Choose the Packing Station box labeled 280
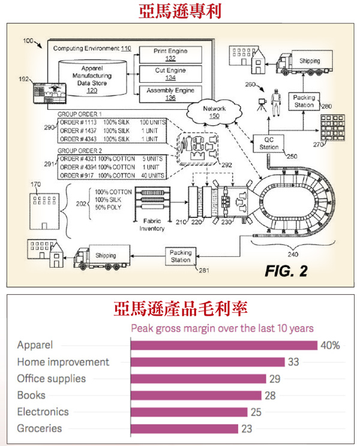pyautogui.click(x=304, y=101)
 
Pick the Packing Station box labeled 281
pyautogui.click(x=181, y=256)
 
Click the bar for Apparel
pyautogui.click(x=223, y=345)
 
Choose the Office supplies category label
pyautogui.click(x=51, y=379)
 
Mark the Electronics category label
pyautogui.click(x=43, y=412)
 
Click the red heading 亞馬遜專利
pyautogui.click(x=179, y=11)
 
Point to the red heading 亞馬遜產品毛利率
pyautogui.click(x=179, y=310)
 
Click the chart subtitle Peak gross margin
pyautogui.click(x=223, y=328)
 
